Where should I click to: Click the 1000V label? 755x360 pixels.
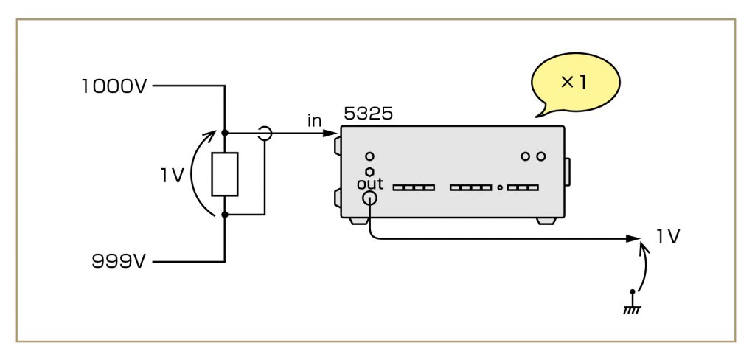click(114, 86)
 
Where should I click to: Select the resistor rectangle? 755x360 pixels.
click(225, 175)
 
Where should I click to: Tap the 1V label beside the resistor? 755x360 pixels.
click(174, 175)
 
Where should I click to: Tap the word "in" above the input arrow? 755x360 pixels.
click(315, 120)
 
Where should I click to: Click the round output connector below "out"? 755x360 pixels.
click(370, 198)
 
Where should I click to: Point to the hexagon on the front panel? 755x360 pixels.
click(369, 171)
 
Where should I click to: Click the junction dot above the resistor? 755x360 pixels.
click(225, 134)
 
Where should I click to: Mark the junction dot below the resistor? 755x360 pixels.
click(225, 215)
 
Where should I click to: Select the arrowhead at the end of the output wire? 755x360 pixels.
click(633, 238)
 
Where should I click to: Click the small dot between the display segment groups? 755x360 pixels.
click(500, 187)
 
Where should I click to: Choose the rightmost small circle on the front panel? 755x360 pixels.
click(541, 156)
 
